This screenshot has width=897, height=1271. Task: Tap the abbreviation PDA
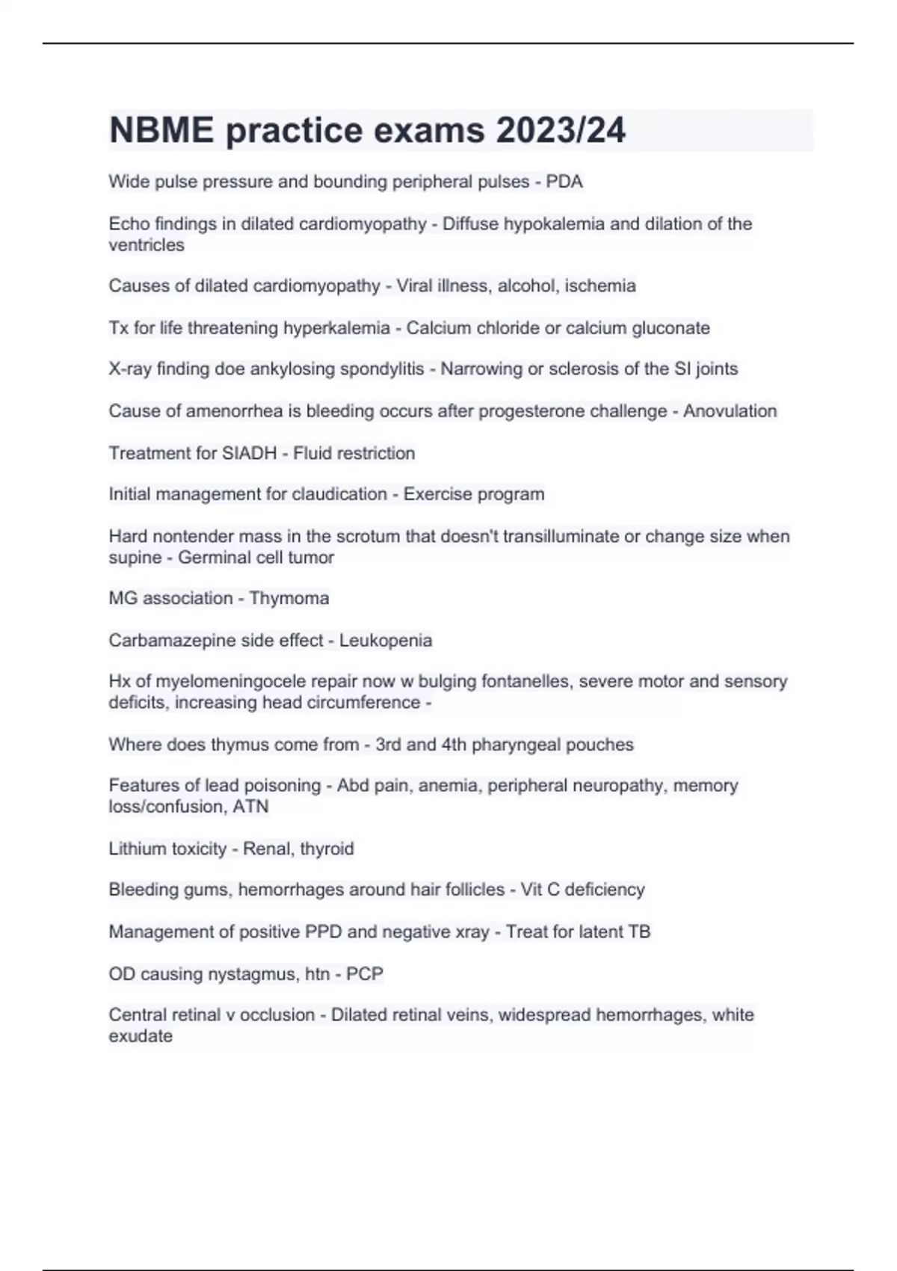564,182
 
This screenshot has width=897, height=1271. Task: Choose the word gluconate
671,327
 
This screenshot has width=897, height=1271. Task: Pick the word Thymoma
289,598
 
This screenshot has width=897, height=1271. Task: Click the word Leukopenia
386,640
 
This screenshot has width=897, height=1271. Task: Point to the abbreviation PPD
323,932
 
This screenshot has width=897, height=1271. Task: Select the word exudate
141,1035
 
